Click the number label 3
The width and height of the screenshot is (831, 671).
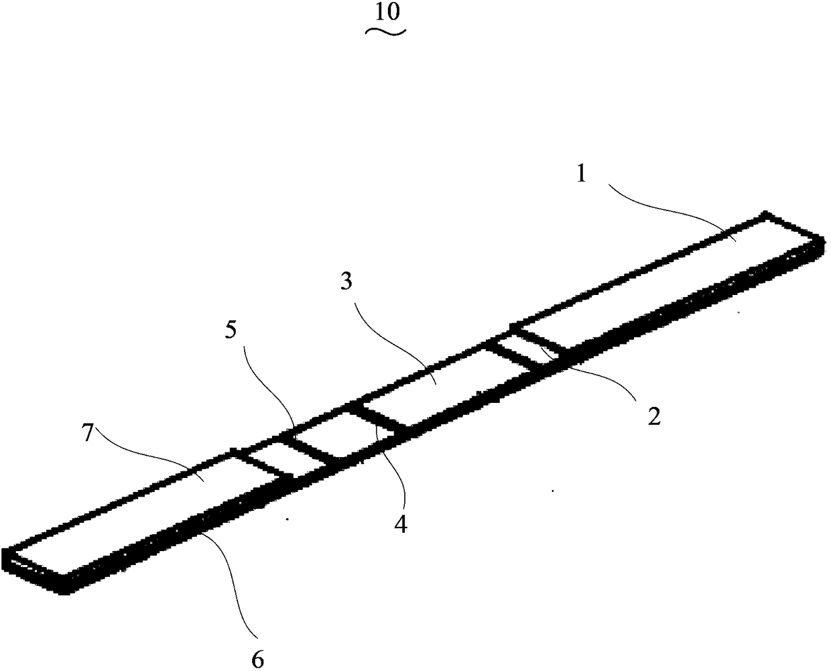click(346, 282)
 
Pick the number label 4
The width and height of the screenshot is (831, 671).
click(400, 524)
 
